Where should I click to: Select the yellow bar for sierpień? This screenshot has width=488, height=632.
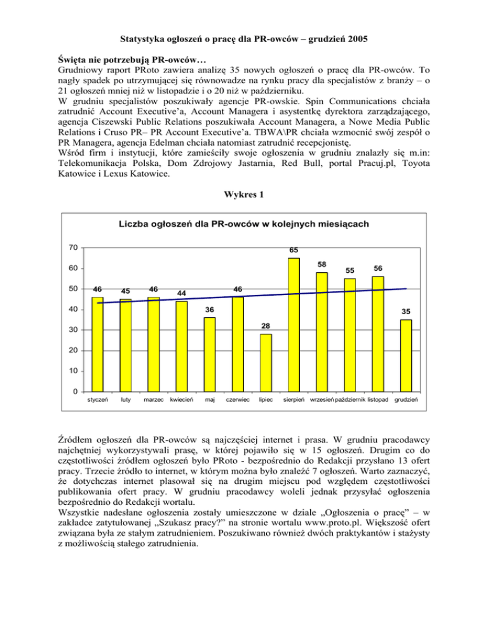coord(294,324)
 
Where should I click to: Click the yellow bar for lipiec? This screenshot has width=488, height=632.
coord(266,362)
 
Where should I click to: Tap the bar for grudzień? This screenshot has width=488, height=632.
coord(405,355)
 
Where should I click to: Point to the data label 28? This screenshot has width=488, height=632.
coord(266,326)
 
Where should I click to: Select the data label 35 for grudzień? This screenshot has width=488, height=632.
coord(406,312)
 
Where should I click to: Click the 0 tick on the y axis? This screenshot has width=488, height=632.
coord(75,391)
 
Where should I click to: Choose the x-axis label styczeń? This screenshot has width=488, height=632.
coord(97,401)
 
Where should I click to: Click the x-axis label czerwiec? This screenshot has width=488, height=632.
coord(238,401)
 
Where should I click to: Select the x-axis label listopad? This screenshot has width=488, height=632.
coord(378,401)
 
